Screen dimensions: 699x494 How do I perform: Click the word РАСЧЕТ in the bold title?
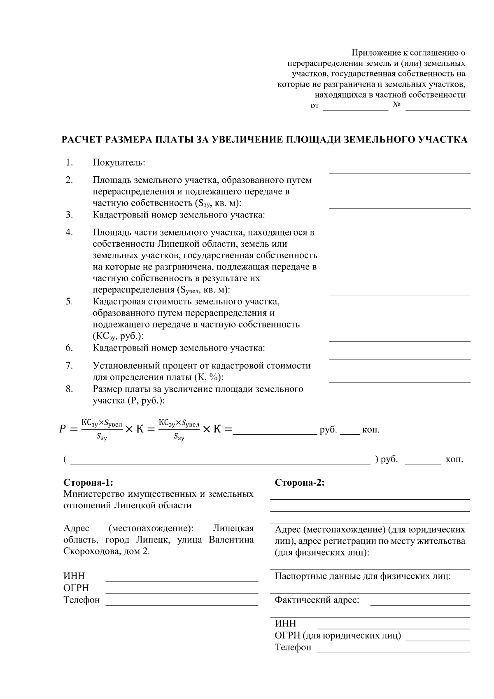82,140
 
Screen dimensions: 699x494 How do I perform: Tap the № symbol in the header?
397,105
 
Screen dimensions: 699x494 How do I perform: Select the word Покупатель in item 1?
119,163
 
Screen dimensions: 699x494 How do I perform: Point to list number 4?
69,232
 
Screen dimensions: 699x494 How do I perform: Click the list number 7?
69,365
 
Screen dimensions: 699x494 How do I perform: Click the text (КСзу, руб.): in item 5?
118,336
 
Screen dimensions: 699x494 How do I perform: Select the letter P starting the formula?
62,430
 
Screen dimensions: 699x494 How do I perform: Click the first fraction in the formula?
102,430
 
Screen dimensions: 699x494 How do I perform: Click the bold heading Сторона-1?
88,483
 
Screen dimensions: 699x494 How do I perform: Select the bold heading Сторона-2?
300,483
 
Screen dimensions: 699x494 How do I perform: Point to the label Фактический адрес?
317,600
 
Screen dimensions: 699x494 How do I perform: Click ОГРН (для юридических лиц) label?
338,636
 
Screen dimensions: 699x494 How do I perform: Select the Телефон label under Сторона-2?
293,648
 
